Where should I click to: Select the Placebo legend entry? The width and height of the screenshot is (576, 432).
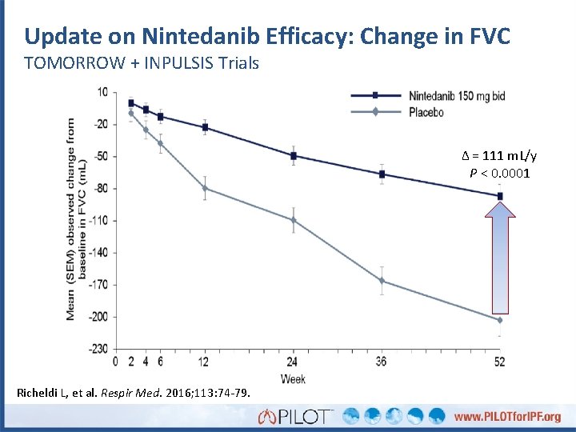click(x=426, y=113)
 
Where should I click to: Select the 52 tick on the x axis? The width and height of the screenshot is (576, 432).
click(x=500, y=362)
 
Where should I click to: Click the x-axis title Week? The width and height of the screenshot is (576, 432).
click(x=293, y=378)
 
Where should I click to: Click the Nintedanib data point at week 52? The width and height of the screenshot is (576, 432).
click(x=500, y=196)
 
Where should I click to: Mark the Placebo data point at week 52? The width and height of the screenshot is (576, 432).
click(x=500, y=320)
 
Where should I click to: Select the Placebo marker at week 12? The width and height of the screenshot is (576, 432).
click(x=205, y=188)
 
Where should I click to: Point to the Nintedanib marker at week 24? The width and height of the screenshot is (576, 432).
click(x=294, y=155)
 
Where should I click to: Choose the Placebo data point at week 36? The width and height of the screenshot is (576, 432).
click(x=382, y=281)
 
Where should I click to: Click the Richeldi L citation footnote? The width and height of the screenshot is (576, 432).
click(x=133, y=392)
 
